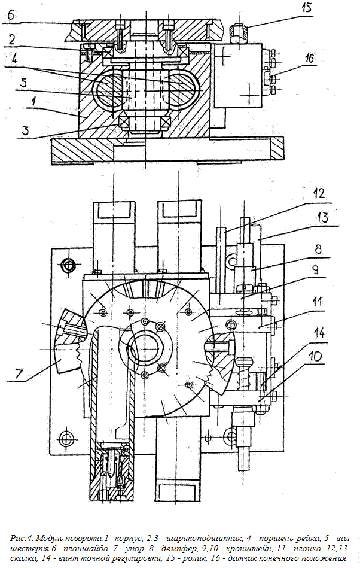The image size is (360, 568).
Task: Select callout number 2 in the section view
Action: (x=13, y=38)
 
